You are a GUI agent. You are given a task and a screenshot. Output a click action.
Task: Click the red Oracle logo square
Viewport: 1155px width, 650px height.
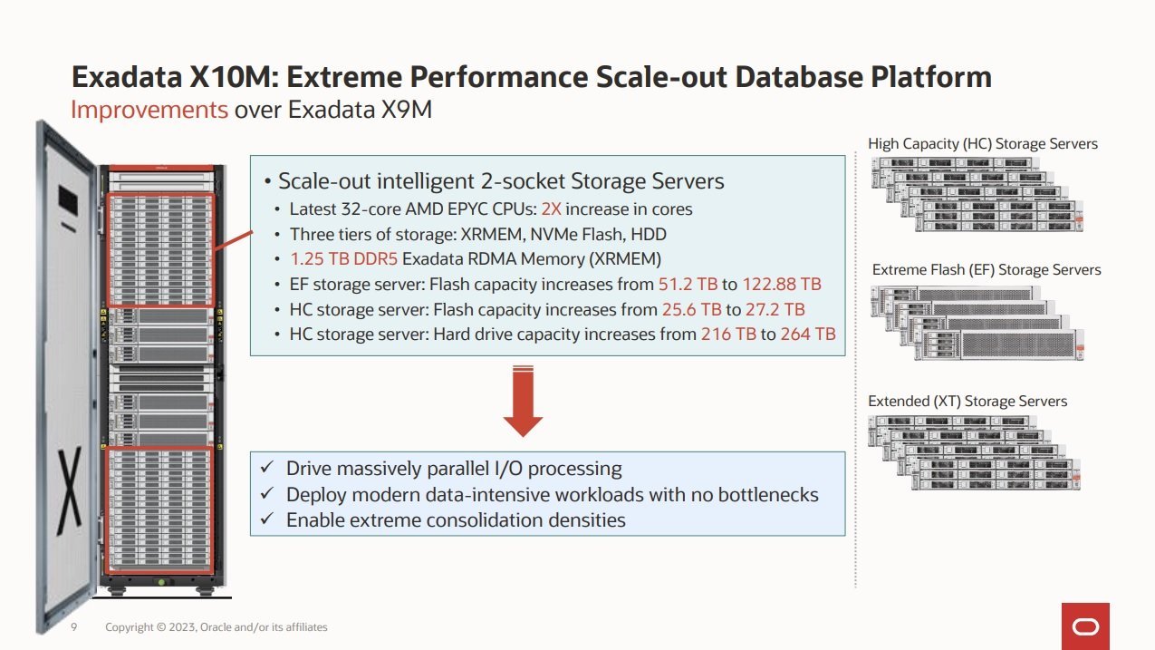(x=1085, y=626)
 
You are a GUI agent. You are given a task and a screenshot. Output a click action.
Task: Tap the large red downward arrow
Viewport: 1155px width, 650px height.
(x=523, y=401)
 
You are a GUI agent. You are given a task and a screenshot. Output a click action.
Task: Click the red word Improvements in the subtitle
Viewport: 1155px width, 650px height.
(x=149, y=110)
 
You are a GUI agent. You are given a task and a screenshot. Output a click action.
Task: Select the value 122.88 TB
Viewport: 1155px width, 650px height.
(x=781, y=285)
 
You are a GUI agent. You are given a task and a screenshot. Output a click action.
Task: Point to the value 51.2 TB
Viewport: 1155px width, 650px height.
(x=688, y=285)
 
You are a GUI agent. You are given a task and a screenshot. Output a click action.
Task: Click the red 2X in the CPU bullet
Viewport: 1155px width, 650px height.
(x=551, y=209)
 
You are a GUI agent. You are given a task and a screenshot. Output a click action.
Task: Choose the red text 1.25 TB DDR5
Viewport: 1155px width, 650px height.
(x=343, y=259)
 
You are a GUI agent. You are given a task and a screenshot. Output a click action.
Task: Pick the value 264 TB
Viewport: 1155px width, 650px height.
(x=807, y=335)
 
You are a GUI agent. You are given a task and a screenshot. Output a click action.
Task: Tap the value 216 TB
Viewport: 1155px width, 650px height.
(x=728, y=335)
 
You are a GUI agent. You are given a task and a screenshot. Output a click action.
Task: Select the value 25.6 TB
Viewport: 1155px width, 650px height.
(x=691, y=309)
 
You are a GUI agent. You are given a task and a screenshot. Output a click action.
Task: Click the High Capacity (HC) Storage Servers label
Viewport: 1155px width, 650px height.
(x=983, y=144)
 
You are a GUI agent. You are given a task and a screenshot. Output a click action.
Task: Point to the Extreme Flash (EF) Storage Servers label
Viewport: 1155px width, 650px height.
(x=987, y=270)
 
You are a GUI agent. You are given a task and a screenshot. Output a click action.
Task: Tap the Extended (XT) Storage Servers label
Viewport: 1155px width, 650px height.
(x=967, y=402)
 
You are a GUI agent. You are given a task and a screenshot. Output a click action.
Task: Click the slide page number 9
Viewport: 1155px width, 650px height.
(x=74, y=626)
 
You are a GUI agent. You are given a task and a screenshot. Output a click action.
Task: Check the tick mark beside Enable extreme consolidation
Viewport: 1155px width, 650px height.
(x=266, y=519)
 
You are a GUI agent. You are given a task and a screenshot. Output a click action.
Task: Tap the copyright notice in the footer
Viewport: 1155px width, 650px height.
(x=216, y=627)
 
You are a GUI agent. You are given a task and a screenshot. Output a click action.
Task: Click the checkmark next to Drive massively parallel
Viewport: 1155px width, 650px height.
(x=266, y=467)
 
